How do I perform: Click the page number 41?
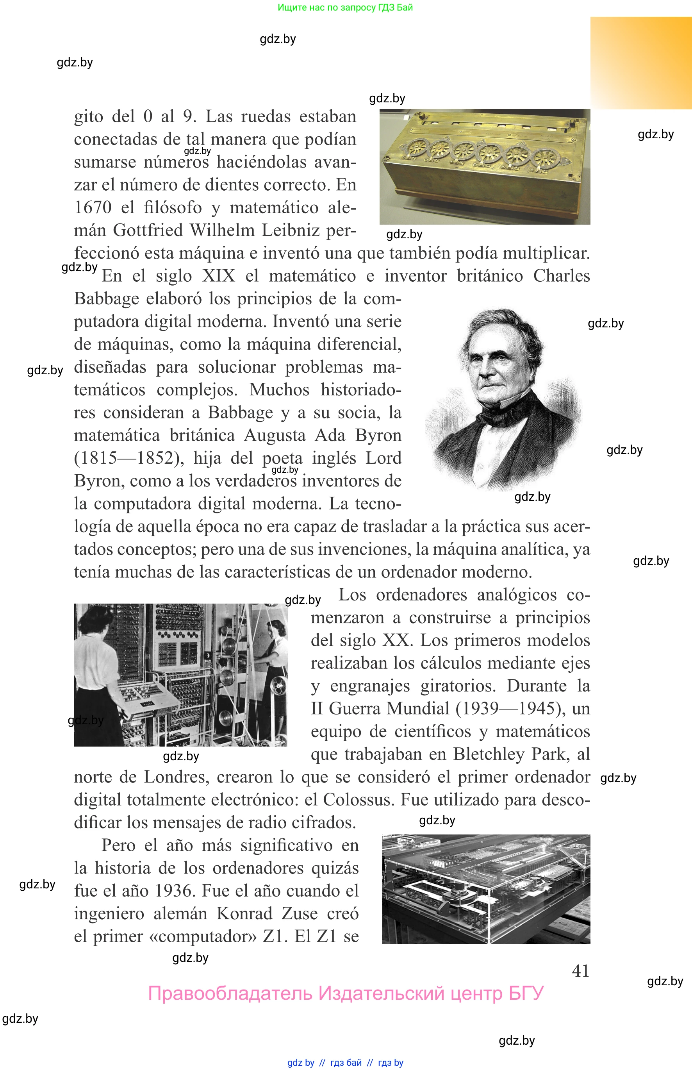point(580,970)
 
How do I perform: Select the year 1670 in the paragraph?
point(93,208)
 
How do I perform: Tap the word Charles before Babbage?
point(561,275)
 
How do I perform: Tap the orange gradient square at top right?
point(641,63)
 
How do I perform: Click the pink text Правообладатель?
point(230,993)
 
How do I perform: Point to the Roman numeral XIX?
point(218,275)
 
